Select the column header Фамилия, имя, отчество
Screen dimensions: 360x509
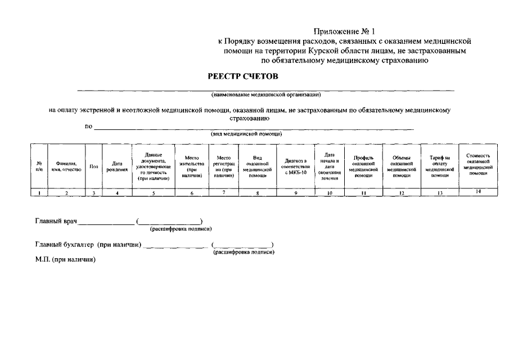point(66,166)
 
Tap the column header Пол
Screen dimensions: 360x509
point(94,166)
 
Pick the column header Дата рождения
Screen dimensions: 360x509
point(117,166)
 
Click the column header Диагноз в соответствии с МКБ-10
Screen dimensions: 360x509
point(296,166)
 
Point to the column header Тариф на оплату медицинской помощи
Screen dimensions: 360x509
point(440,166)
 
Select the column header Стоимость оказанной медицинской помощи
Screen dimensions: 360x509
point(478,164)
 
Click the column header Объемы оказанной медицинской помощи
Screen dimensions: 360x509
point(401,166)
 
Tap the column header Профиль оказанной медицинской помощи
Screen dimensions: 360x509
point(363,166)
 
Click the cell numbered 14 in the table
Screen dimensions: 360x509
point(478,192)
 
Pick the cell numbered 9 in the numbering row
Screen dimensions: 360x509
point(296,193)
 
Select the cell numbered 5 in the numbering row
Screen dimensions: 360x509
point(154,193)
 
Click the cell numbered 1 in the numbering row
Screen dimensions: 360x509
point(39,193)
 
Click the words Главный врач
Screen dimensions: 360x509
point(56,221)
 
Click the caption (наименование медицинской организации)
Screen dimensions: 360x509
point(265,94)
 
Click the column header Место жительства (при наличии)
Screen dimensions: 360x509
point(192,166)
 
